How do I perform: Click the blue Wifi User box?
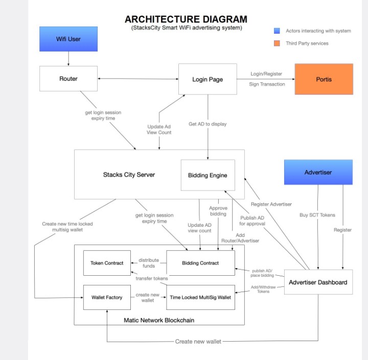click(68, 39)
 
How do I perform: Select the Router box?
click(68, 79)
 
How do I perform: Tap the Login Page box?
click(208, 79)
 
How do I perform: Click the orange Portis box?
click(324, 79)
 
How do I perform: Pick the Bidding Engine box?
click(208, 175)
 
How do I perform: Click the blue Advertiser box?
click(318, 172)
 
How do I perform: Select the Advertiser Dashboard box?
click(318, 282)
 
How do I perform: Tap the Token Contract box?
click(107, 263)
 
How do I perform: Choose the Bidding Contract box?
click(200, 263)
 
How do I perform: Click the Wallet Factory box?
click(107, 297)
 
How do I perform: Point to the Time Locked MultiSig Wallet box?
click(200, 297)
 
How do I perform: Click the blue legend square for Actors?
click(277, 31)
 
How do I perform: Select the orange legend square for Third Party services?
click(277, 43)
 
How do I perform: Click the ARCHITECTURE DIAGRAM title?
click(186, 19)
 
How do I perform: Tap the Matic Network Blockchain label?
click(159, 320)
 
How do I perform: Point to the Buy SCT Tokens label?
click(317, 215)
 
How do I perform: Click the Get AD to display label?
click(208, 124)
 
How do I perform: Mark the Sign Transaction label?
click(267, 84)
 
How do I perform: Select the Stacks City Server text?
click(129, 175)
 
